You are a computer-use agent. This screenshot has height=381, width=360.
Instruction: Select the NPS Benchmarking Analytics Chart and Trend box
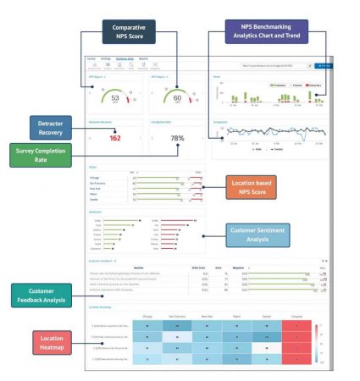tap(266, 32)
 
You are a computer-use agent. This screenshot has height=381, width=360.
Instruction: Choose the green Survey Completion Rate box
tap(45, 156)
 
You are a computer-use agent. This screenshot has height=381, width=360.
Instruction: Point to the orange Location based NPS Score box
tap(258, 187)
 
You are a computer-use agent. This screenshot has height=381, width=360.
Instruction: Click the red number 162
tap(115, 138)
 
